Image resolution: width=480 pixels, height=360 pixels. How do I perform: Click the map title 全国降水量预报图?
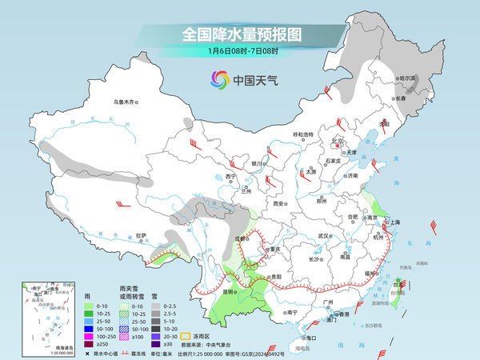coord(239,34)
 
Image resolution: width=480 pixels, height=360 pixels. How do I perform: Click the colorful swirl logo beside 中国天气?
coord(219,80)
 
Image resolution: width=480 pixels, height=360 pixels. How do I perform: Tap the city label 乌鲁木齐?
coord(126,102)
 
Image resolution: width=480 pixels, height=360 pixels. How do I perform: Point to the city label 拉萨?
coord(141,235)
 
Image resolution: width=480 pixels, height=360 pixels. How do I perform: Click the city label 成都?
coord(239,238)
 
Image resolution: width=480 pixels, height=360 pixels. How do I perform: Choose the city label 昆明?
coord(230,291)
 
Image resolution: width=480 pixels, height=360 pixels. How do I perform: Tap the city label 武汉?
coord(324,236)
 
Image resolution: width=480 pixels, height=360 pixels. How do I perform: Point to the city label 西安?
coord(278,204)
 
